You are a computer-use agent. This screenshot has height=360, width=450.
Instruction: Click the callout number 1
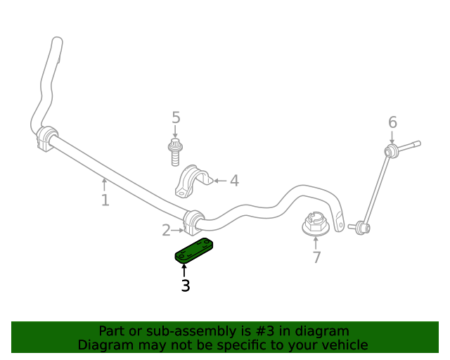pyautogui.click(x=105, y=200)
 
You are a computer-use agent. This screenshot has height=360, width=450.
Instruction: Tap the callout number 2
pyautogui.click(x=166, y=230)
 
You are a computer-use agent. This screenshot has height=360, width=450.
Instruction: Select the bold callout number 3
pyautogui.click(x=186, y=285)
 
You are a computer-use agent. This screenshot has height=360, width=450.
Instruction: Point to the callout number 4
pyautogui.click(x=234, y=181)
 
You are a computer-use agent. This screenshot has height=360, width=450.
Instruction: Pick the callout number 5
pyautogui.click(x=176, y=117)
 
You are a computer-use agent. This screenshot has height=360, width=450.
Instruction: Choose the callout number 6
pyautogui.click(x=392, y=122)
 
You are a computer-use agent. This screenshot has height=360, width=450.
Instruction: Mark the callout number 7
pyautogui.click(x=316, y=257)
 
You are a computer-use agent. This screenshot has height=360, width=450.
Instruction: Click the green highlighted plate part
pyautogui.click(x=194, y=250)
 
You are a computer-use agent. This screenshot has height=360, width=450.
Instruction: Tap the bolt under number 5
pyautogui.click(x=175, y=152)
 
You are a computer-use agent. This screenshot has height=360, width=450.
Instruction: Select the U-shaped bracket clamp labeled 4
pyautogui.click(x=193, y=181)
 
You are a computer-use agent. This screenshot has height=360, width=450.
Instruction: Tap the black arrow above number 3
pyautogui.click(x=184, y=271)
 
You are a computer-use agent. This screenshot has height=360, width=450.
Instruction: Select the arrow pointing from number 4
pyautogui.click(x=220, y=181)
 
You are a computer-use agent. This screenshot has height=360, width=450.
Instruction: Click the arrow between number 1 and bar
pyautogui.click(x=105, y=184)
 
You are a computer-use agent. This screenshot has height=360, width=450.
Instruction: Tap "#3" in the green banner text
pyautogui.click(x=264, y=331)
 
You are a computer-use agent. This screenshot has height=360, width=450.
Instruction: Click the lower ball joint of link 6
pyautogui.click(x=362, y=228)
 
